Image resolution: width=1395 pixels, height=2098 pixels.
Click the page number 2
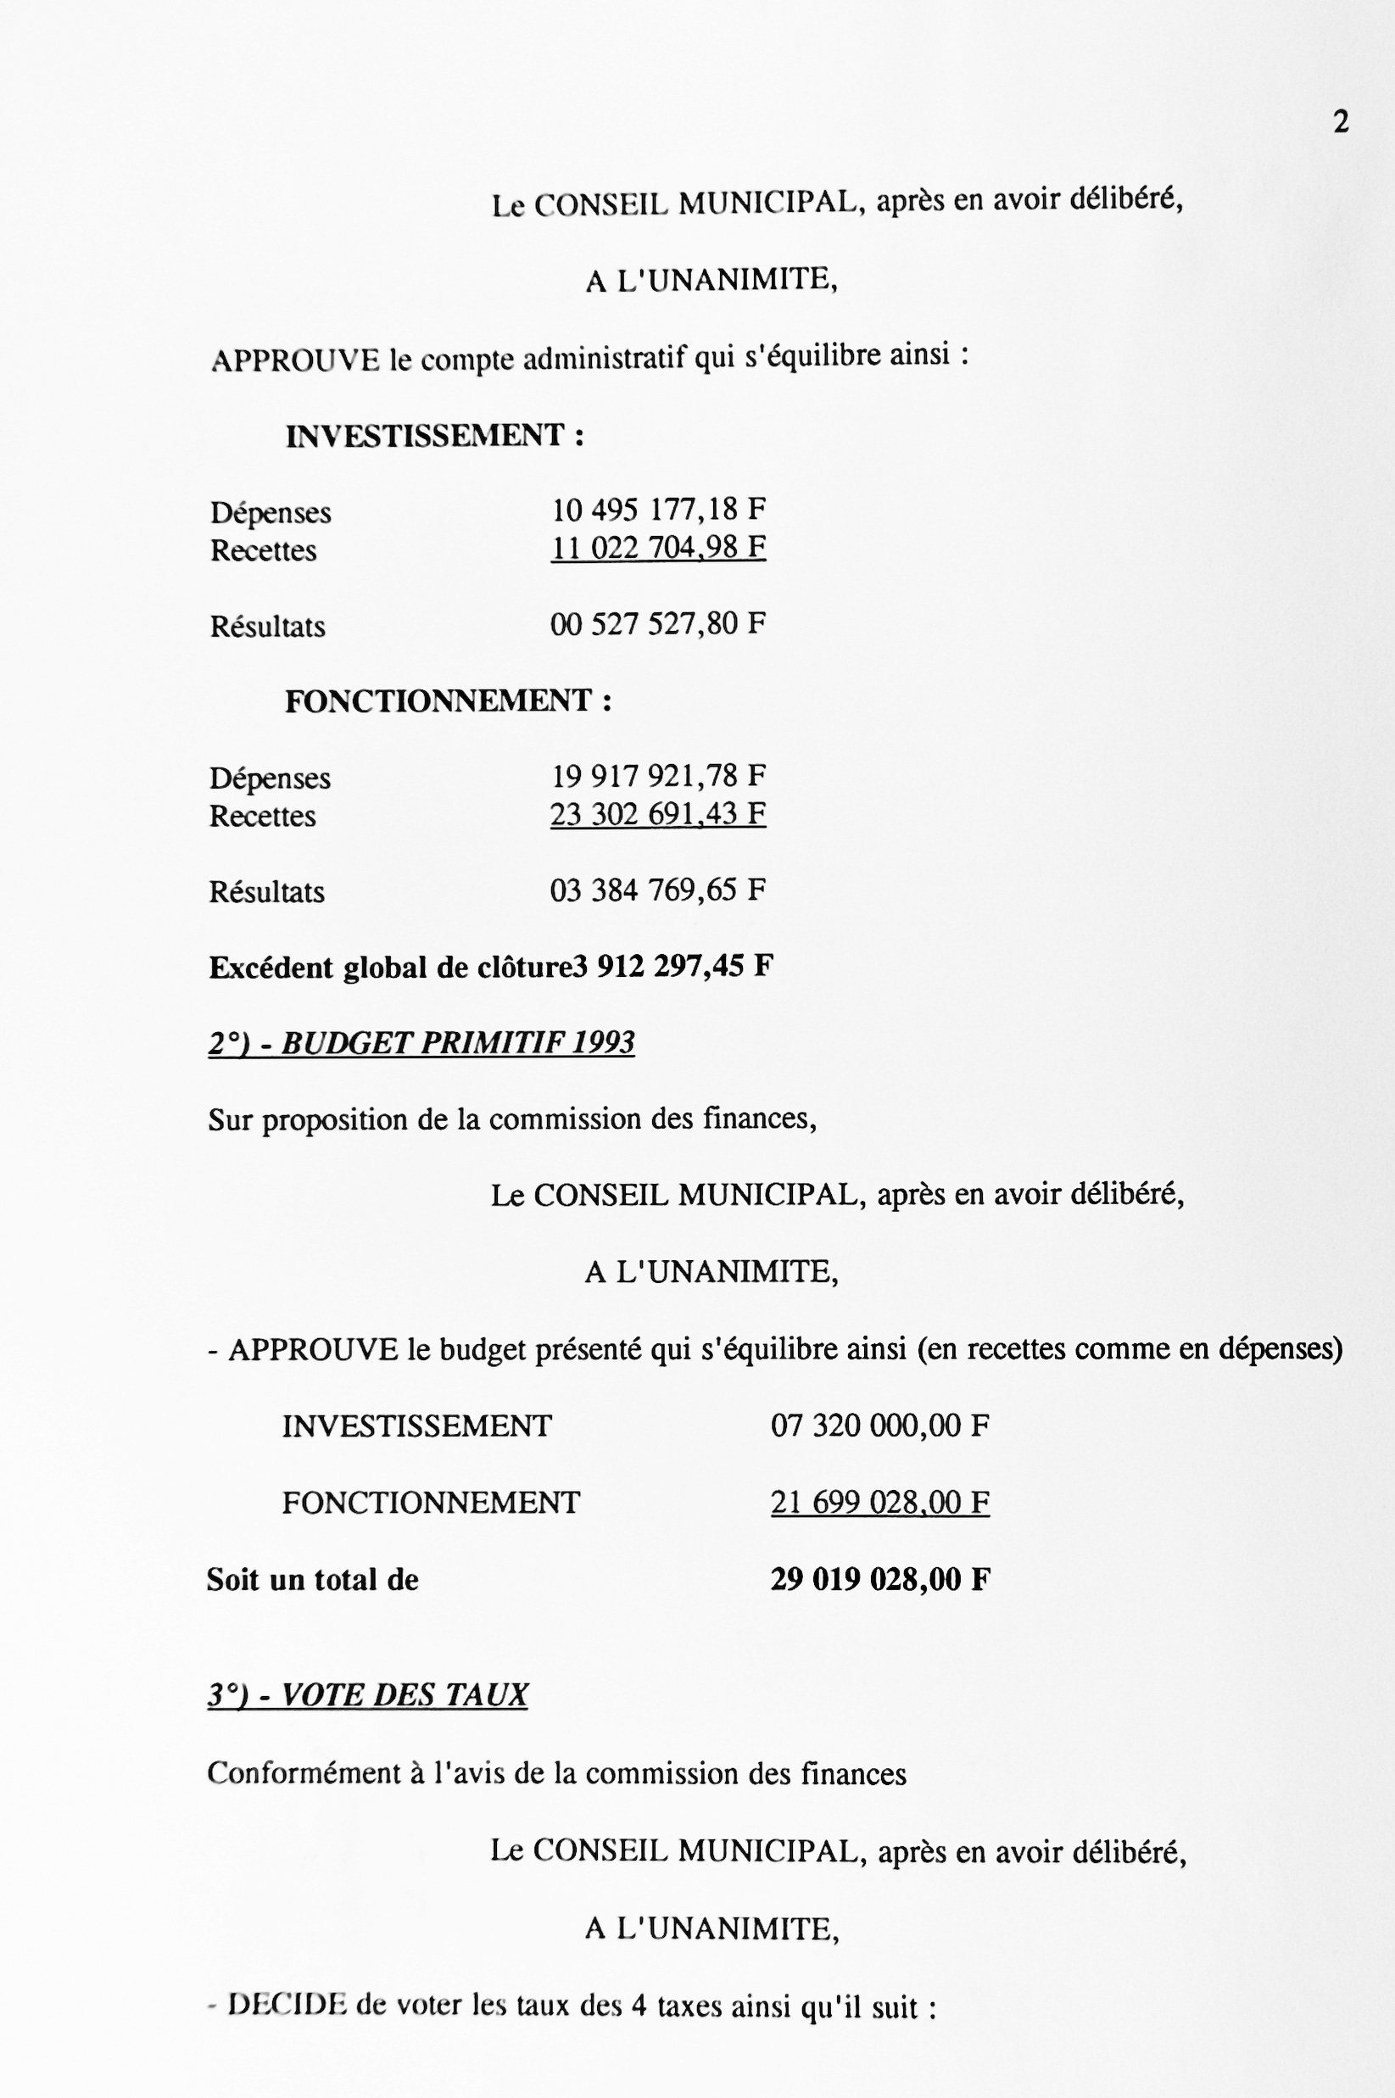point(1340,122)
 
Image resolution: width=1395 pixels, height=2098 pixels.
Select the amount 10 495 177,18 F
point(657,510)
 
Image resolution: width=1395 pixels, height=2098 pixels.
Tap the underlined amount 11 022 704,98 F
point(657,547)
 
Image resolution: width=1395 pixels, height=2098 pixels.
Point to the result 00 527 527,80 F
point(657,623)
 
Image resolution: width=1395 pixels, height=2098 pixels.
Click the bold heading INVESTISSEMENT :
point(434,436)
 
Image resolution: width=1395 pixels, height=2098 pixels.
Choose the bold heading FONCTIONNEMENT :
point(448,701)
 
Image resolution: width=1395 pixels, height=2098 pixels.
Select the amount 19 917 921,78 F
point(657,776)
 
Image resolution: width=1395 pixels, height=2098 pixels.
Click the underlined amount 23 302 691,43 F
point(657,814)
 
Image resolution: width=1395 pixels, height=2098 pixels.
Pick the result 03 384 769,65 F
point(657,890)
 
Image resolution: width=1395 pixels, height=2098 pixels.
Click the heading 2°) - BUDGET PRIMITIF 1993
point(421,1043)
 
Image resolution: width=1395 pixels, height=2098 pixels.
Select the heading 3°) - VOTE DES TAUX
point(367,1695)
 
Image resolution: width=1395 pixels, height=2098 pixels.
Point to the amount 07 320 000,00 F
point(879,1426)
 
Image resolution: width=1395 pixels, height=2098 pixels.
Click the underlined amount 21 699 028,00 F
point(879,1503)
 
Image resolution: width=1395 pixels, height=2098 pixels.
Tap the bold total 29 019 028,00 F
point(879,1580)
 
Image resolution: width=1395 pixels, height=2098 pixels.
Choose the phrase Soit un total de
point(312,1580)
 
